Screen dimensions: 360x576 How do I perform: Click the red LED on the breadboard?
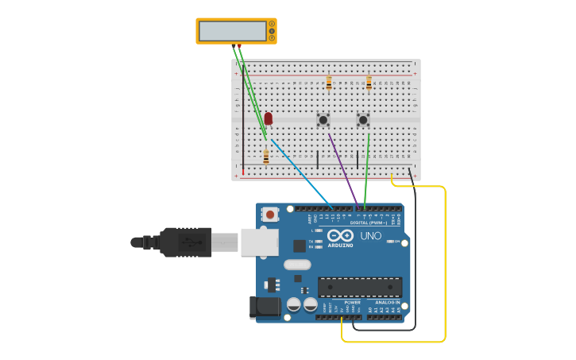269,118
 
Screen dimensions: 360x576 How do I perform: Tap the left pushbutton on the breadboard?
323,120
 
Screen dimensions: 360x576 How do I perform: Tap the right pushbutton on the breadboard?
363,120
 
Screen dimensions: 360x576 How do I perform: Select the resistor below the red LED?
266,156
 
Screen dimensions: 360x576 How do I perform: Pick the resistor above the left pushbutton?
329,83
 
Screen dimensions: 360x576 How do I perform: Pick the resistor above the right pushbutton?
369,83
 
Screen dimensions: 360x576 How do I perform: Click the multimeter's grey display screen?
233,31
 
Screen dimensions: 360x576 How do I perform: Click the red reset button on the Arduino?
271,214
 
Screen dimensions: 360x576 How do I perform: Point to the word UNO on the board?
371,236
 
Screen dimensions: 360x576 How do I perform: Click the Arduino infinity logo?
340,235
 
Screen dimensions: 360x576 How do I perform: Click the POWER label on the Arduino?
352,303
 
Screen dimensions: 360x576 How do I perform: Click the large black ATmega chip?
360,287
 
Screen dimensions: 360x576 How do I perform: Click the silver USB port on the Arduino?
259,242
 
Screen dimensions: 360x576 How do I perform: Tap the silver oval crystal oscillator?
296,265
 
